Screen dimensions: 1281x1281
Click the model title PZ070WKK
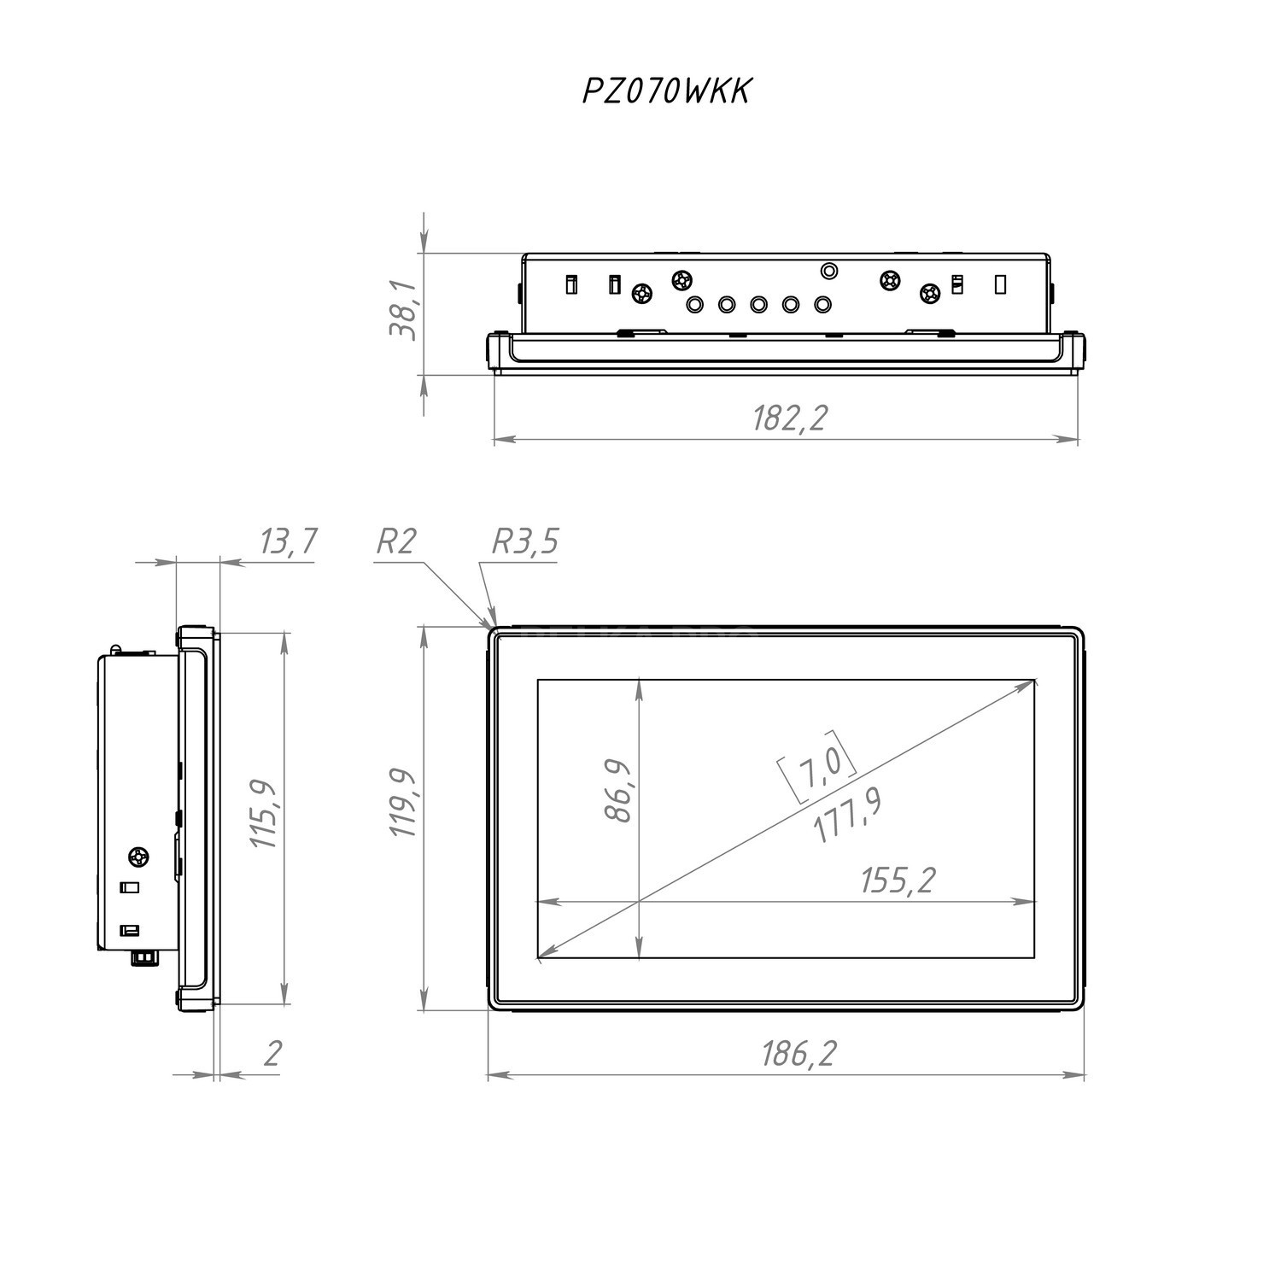[x=666, y=91]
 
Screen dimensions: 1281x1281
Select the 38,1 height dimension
[x=403, y=309]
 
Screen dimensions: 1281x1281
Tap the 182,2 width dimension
[x=790, y=418]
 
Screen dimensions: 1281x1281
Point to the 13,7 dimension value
[x=288, y=541]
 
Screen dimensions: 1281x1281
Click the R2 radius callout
[x=396, y=541]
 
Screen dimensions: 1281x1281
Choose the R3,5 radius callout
[x=525, y=541]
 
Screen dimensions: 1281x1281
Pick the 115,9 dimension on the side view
[x=265, y=814]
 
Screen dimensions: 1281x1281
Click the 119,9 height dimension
[x=403, y=803]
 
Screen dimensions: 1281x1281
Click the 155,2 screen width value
[x=898, y=880]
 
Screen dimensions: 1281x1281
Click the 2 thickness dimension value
[x=272, y=1053]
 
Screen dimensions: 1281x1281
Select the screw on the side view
[x=138, y=856]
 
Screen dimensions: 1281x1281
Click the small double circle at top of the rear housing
[x=828, y=272]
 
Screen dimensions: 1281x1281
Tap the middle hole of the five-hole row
[x=758, y=304]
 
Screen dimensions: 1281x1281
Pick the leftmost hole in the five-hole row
[x=695, y=304]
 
